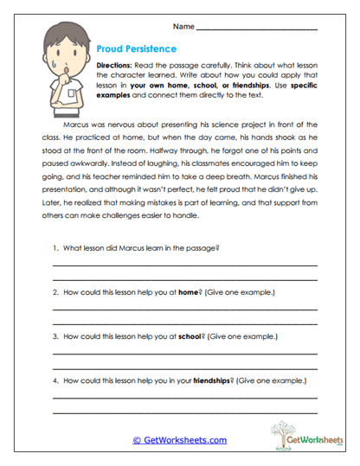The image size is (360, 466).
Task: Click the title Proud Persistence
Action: [137, 49]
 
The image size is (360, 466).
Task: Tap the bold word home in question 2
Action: [190, 292]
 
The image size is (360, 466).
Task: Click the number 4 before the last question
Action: [55, 380]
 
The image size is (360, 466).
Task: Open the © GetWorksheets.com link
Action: [179, 440]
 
